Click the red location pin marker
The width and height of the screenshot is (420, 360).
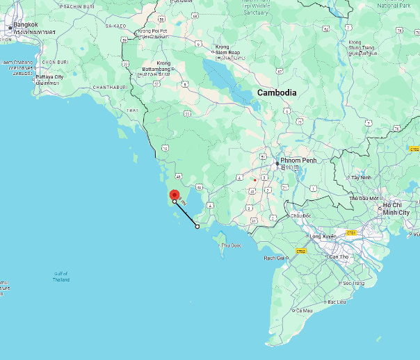coord(175,195)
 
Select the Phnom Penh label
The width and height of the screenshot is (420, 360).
coord(298,160)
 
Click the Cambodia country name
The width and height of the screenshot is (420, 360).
coord(277,92)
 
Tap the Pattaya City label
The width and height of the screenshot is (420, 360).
coord(49,77)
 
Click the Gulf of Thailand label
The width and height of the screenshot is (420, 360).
coord(61,277)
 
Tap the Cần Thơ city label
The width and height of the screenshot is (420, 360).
coord(339,257)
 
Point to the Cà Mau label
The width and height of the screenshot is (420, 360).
coord(303,310)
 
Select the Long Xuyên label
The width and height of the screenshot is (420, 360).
coord(323,236)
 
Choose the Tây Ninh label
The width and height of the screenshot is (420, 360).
coord(361,178)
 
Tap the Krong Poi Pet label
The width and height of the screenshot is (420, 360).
coord(153,31)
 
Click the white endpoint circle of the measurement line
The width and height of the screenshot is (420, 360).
coord(197,227)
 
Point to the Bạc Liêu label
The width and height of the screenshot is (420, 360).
coord(337,302)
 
